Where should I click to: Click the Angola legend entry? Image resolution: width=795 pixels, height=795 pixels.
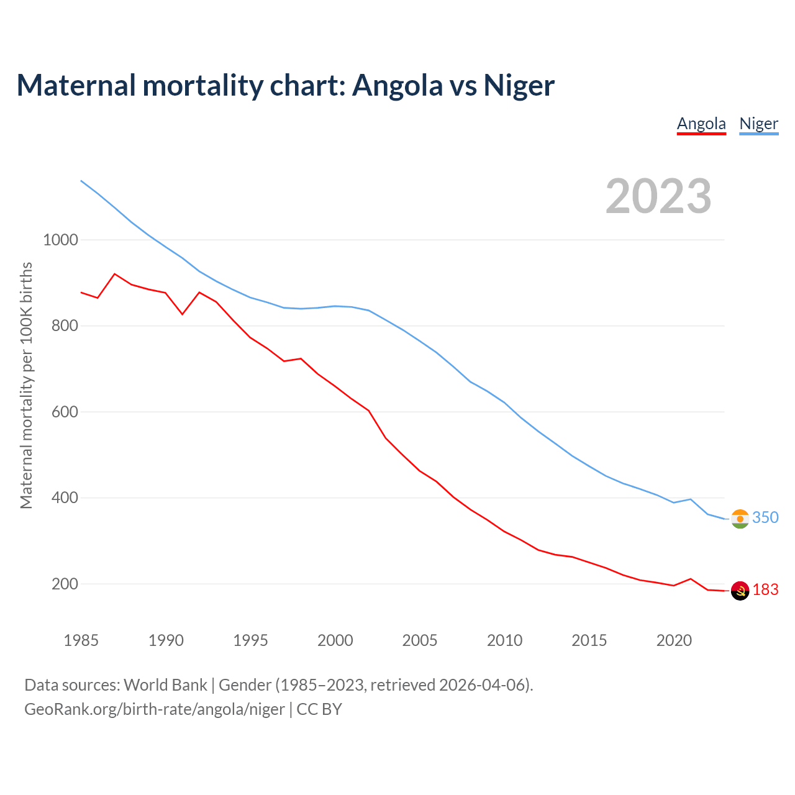tap(701, 124)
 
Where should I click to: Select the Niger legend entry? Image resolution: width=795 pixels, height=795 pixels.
tap(758, 124)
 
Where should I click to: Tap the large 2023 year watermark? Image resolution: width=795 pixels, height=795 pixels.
tap(658, 196)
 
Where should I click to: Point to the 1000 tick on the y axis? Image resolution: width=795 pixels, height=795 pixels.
tap(60, 240)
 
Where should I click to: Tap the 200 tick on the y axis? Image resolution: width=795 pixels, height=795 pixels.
tap(64, 584)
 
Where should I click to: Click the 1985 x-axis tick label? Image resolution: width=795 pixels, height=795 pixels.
tap(81, 640)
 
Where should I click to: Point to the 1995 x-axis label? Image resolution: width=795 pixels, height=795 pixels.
tap(250, 640)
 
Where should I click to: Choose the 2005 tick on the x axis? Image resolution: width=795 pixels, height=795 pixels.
tap(420, 640)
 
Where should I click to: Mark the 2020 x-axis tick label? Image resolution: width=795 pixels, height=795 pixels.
tap(674, 640)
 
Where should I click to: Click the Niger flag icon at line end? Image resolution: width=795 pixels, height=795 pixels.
tap(740, 519)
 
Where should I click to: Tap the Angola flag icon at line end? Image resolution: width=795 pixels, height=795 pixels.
tap(740, 591)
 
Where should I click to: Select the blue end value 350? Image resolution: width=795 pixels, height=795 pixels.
tap(765, 517)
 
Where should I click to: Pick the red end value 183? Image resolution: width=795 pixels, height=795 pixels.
tap(765, 589)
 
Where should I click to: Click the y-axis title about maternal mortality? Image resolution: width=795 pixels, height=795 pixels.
tap(26, 385)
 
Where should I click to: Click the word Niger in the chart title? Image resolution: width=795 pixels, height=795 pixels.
tap(519, 85)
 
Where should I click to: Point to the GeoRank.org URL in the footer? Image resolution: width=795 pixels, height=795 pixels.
tap(155, 709)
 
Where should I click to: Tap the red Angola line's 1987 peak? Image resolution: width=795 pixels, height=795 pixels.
tap(115, 274)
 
